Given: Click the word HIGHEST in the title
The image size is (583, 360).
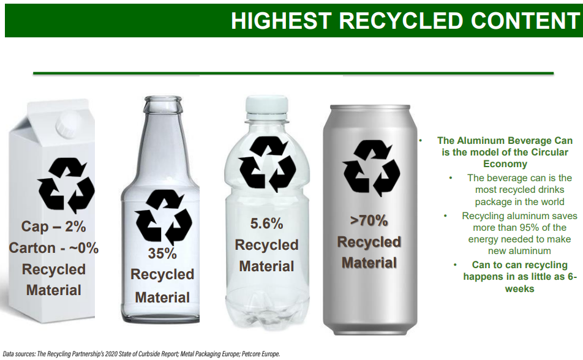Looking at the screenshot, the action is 281,20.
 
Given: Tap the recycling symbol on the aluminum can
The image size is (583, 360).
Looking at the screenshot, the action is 370,168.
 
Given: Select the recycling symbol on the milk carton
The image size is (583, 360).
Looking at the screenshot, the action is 66,186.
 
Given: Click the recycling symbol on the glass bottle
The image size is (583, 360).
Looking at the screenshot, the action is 164,217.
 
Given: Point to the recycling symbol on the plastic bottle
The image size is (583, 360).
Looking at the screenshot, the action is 268,164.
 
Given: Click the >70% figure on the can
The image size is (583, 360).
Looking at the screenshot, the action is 369,221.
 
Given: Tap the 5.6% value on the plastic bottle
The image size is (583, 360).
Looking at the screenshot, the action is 266,223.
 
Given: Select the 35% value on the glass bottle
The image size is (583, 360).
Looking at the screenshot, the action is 162,253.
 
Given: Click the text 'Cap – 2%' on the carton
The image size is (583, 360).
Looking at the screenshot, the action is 53,227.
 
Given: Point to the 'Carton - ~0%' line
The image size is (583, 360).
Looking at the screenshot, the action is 53,248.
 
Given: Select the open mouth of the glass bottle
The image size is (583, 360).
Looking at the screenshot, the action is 163,100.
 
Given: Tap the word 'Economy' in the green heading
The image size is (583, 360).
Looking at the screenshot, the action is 505,164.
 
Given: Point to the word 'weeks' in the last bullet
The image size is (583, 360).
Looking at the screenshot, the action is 519,289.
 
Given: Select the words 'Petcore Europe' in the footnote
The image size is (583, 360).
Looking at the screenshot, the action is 261,354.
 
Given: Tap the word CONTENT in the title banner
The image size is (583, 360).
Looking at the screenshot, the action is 525,20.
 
